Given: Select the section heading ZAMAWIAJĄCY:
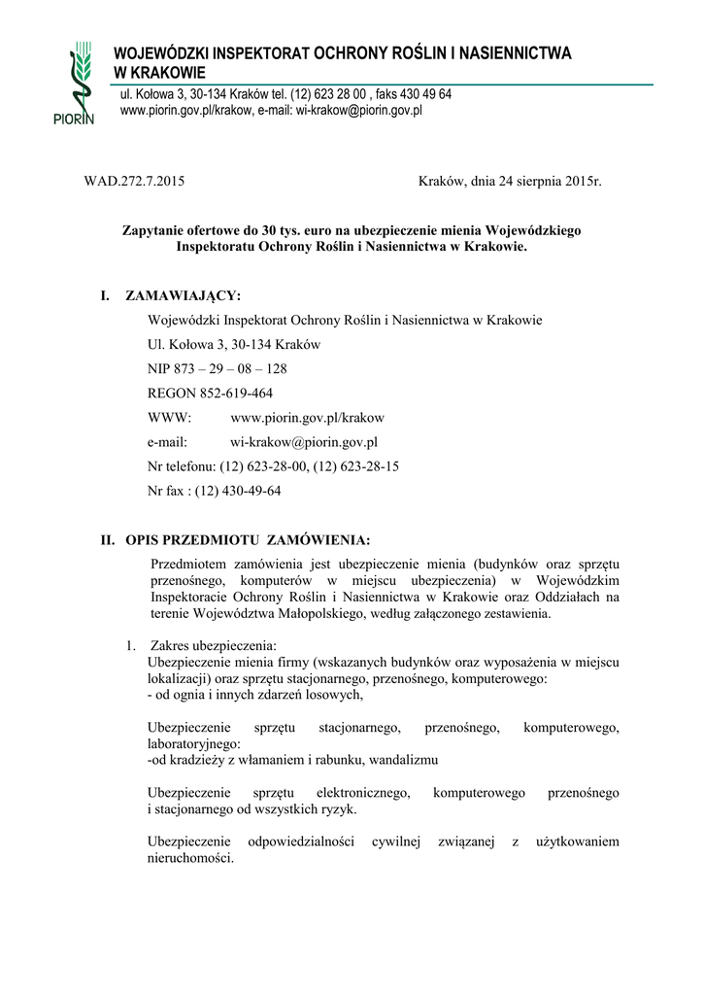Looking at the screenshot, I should (184, 295).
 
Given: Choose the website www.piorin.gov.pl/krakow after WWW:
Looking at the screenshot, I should (307, 418).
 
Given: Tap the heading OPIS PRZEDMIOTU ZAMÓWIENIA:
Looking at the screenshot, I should (248, 539).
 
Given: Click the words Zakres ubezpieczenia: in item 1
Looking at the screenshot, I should (214, 646).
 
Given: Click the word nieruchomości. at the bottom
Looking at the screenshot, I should (190, 858).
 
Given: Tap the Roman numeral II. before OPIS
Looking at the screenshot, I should (109, 539).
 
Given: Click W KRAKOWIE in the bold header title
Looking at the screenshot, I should (161, 73).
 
